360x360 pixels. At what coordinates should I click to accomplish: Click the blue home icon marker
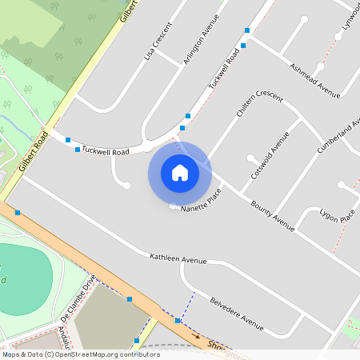[179, 173]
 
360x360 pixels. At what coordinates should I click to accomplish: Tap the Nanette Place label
[200, 202]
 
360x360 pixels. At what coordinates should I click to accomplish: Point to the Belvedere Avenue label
[236, 314]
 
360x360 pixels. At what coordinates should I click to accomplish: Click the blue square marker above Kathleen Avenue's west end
[18, 213]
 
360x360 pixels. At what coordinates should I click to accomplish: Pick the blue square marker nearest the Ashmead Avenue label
[243, 46]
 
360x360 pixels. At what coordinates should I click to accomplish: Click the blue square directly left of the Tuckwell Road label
[77, 150]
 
